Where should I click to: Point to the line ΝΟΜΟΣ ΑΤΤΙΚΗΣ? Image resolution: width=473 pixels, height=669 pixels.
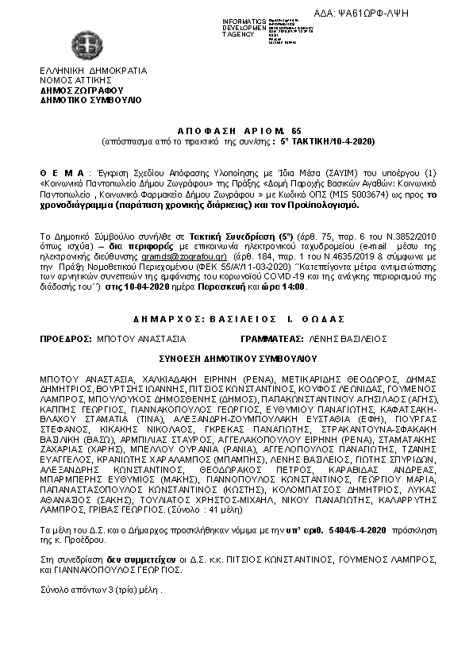79,80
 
